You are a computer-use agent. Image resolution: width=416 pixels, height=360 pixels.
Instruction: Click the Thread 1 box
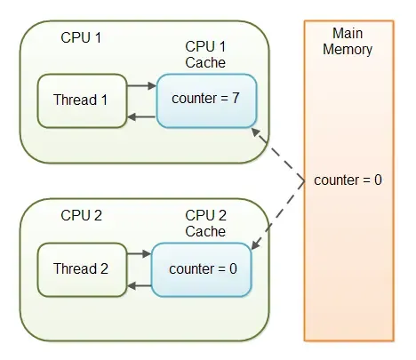(80, 100)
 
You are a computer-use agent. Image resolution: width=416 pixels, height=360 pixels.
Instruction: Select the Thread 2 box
(80, 268)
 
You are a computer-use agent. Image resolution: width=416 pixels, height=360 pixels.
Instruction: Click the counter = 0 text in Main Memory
(348, 180)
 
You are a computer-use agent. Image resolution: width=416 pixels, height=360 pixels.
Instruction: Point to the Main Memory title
(348, 41)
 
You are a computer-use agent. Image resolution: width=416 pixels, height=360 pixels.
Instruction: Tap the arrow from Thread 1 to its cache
(141, 86)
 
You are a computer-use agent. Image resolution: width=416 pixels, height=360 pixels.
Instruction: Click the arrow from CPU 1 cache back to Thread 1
(141, 116)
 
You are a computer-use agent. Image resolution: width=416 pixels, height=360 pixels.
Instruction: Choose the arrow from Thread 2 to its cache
(139, 254)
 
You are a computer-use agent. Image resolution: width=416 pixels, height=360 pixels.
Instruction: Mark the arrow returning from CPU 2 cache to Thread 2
(139, 284)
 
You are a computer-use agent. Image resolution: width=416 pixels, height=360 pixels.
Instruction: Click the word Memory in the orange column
(348, 49)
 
